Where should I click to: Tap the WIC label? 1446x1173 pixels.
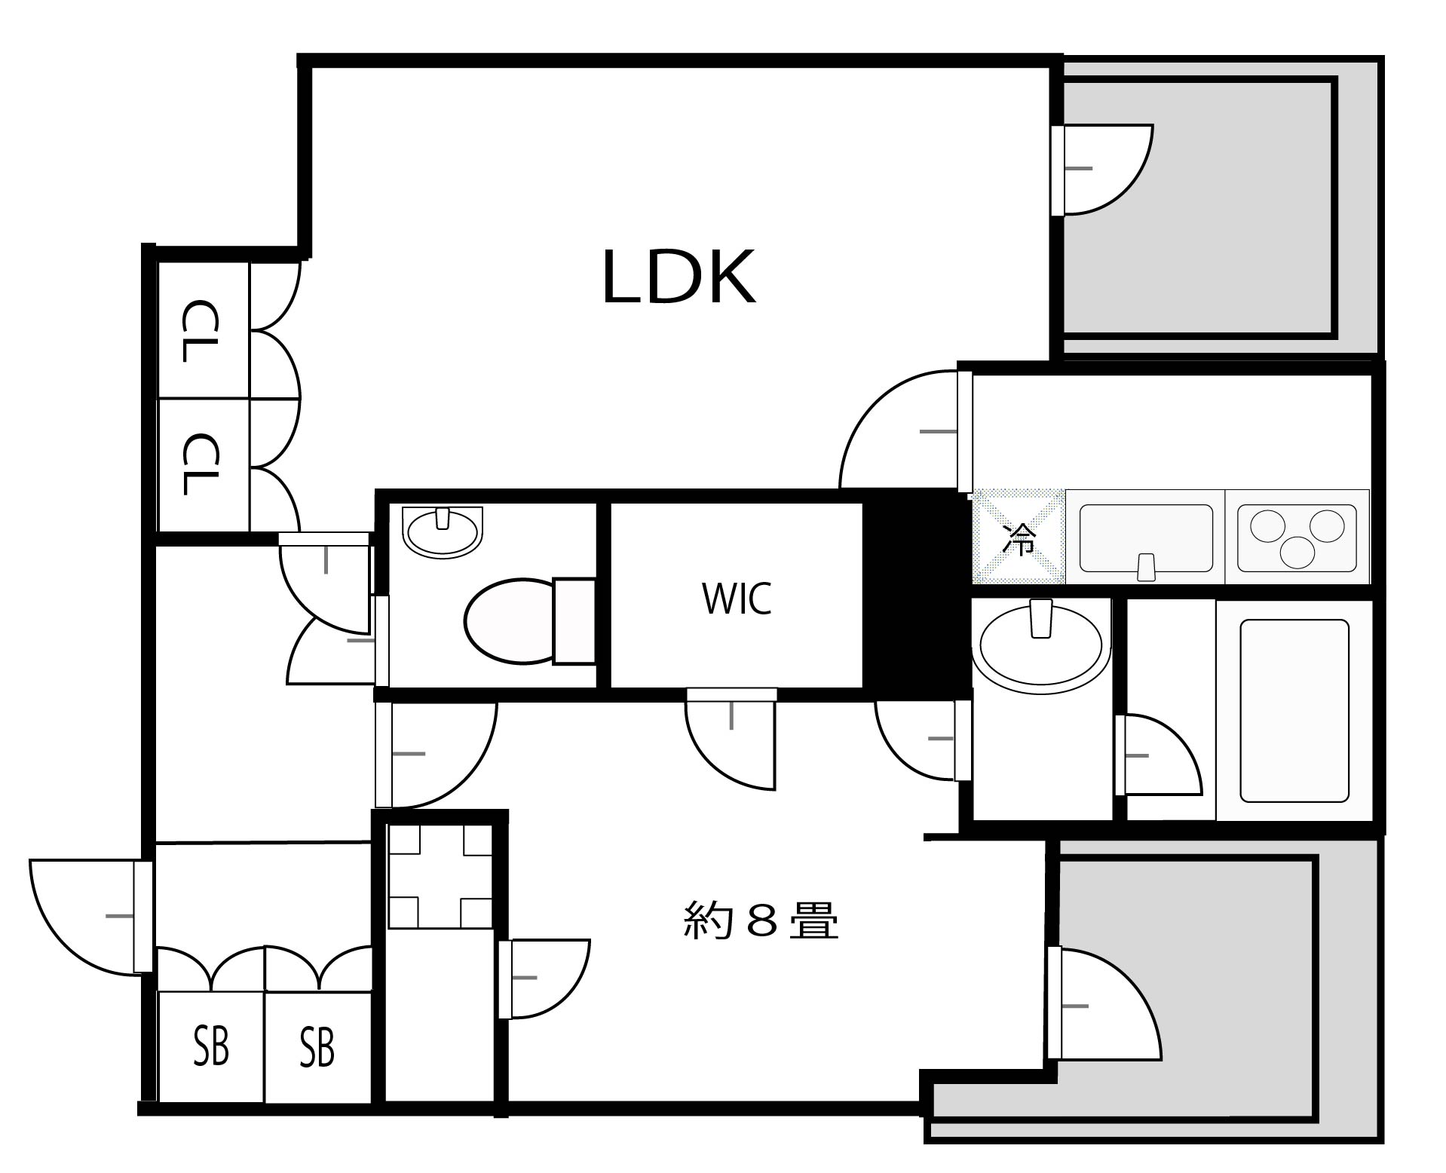pos(737,599)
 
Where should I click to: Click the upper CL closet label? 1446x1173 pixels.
pos(201,332)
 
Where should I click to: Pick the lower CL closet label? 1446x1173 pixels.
pos(201,463)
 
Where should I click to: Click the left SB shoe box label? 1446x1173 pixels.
pos(211,1046)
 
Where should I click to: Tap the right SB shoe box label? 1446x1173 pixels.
pos(317,1046)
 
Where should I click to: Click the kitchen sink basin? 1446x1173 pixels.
pos(1146,538)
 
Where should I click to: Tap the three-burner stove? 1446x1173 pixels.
pos(1297,537)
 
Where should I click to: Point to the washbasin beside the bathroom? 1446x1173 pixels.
pos(1040,645)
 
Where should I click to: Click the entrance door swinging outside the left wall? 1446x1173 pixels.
pos(87,916)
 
